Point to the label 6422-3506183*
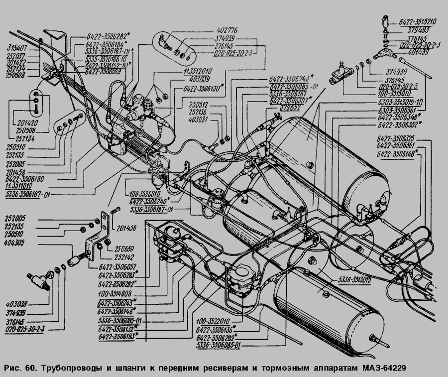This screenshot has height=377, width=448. click(118, 337)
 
